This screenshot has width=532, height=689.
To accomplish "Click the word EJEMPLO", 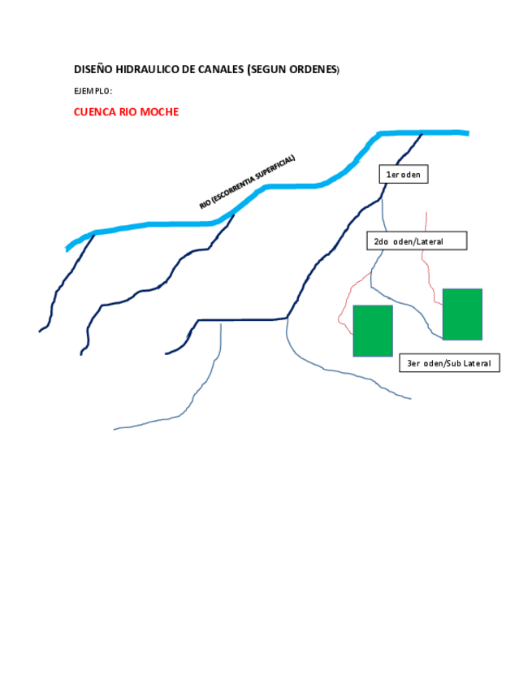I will pos(93,91).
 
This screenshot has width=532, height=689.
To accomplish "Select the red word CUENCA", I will pos(95,112).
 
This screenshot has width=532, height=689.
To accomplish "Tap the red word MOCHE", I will pos(160,112).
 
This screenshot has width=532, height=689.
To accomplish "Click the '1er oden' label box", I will pos(404,174).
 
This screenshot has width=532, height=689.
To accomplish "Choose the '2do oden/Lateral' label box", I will pos(417,241).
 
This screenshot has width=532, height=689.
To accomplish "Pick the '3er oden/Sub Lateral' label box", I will pos(449,363).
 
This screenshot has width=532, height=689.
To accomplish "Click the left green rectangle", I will pos(373,331).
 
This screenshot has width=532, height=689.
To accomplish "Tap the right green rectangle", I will pos(462,314).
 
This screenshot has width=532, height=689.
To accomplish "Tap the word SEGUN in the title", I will pos(269,70).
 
